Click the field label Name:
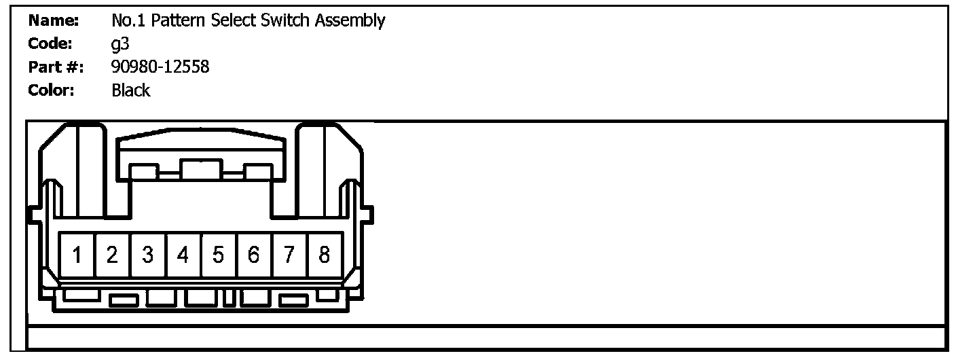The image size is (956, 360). [54, 20]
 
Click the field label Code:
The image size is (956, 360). [51, 43]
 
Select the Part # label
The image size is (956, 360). [56, 67]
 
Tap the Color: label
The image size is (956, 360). [52, 90]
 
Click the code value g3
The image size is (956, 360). [119, 45]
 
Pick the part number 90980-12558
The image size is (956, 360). [160, 67]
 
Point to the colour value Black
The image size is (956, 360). [131, 90]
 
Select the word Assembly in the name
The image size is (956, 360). [350, 21]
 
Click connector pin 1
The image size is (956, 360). [77, 255]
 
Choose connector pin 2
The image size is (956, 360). [113, 255]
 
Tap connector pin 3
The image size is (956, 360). [148, 255]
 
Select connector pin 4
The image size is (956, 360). [183, 255]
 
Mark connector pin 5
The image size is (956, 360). [218, 255]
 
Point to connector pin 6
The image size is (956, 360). [253, 255]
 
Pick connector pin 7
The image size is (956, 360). [289, 255]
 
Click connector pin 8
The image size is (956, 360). [325, 255]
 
